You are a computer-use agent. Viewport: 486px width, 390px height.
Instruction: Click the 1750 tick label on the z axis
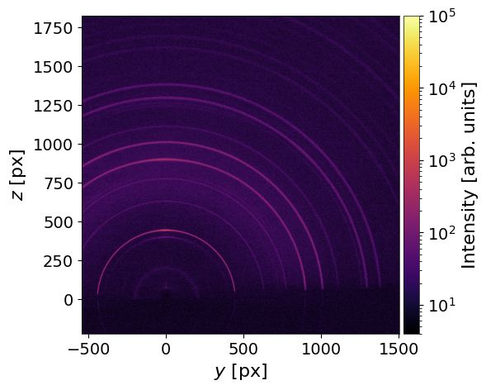pos(53,28)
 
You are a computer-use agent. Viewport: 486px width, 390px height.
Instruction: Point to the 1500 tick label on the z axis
pos(53,67)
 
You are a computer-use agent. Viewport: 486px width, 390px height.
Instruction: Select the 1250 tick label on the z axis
pos(53,106)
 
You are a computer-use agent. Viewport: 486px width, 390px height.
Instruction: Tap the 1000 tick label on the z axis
pos(53,145)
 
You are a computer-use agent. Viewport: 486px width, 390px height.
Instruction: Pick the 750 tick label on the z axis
pos(58,183)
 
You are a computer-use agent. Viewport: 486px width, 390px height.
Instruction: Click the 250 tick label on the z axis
pos(58,261)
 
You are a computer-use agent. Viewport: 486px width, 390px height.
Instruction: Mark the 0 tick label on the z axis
pos(68,300)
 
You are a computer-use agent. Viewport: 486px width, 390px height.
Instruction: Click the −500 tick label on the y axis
pos(88,349)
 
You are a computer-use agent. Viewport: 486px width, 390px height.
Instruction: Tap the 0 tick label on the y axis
pos(166,349)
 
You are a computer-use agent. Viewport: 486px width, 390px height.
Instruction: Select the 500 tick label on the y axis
pos(243,349)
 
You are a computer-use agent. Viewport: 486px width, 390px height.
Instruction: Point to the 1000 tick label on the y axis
pos(321,349)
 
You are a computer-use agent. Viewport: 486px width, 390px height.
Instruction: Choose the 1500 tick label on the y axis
pos(399,349)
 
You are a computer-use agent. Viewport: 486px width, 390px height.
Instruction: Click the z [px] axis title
pos(17,175)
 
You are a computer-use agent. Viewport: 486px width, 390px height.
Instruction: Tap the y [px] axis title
pos(241,371)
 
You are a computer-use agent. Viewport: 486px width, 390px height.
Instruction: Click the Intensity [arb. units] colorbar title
pos(469,175)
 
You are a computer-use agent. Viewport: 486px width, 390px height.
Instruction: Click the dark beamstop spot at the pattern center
pos(166,294)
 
